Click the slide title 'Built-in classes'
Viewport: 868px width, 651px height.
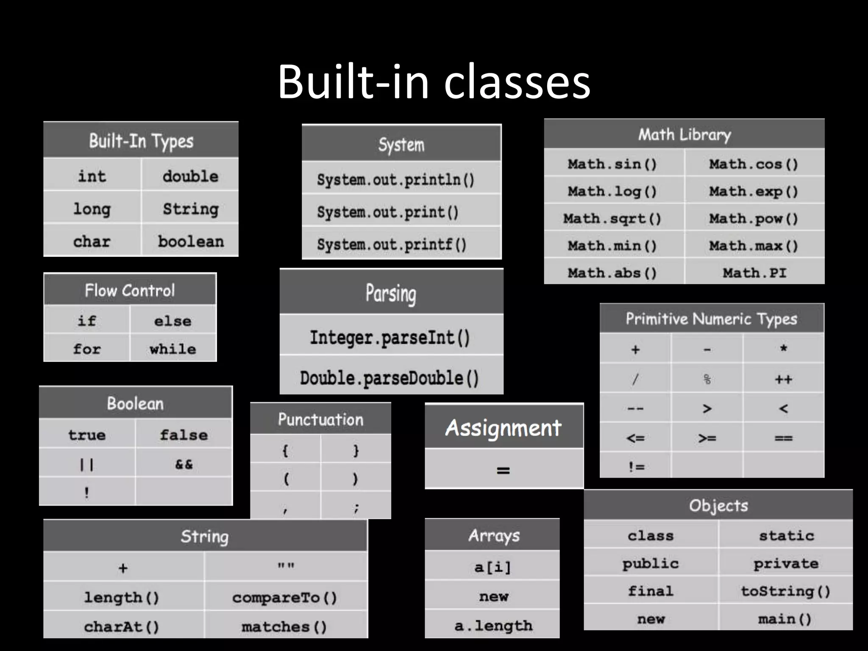point(434,81)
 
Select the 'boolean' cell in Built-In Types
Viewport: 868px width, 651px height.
point(191,242)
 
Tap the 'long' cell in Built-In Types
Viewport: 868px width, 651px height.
point(92,209)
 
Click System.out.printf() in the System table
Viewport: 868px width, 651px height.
point(392,245)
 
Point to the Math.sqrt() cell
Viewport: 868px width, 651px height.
point(612,219)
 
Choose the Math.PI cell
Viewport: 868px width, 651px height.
point(754,273)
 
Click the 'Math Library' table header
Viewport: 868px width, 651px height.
point(684,135)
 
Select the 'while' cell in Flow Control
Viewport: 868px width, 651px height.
point(173,349)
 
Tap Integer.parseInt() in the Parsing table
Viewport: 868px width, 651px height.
point(390,338)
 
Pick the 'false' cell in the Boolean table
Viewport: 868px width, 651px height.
point(184,435)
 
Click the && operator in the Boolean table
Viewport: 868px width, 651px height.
point(184,465)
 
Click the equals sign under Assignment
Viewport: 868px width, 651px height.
point(504,470)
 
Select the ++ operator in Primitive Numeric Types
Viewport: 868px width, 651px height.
point(783,379)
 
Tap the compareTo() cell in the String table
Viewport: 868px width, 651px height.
point(285,598)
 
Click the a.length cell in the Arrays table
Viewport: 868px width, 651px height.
point(493,626)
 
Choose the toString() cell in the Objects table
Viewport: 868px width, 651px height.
point(785,591)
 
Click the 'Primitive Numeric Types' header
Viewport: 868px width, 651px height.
point(712,319)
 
